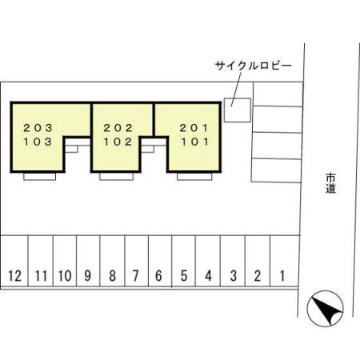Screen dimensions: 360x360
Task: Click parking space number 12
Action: coord(14,277)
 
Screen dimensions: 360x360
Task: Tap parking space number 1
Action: coord(282,277)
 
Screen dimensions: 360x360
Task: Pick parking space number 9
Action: coord(88,277)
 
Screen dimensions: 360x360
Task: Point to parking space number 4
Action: coord(208,277)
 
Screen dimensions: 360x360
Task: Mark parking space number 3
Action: coord(233,277)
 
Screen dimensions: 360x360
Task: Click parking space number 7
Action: coord(135,277)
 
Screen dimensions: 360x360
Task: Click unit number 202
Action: coord(118,127)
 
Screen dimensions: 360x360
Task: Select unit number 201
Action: coord(194,127)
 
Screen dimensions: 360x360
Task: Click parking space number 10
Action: coord(65,277)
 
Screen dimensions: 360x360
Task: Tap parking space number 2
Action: coord(257,277)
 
